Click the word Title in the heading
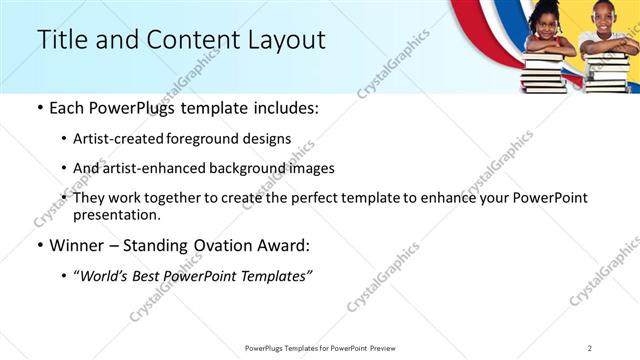(x=59, y=40)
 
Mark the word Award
(x=286, y=246)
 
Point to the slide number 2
(x=590, y=348)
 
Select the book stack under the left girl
(x=546, y=72)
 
